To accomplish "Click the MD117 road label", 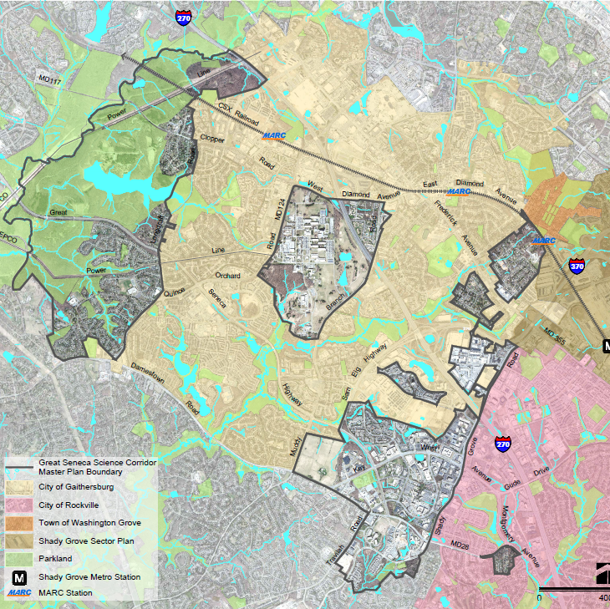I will pos(50,79).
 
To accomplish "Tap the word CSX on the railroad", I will pos(224,108).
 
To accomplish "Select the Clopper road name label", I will pos(211,139).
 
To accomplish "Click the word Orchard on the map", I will pos(227,276).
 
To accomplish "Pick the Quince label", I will pos(174,292).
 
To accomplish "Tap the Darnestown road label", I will pos(146,371).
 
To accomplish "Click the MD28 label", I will pos(460,544).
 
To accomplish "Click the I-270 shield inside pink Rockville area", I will pos(502,444).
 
